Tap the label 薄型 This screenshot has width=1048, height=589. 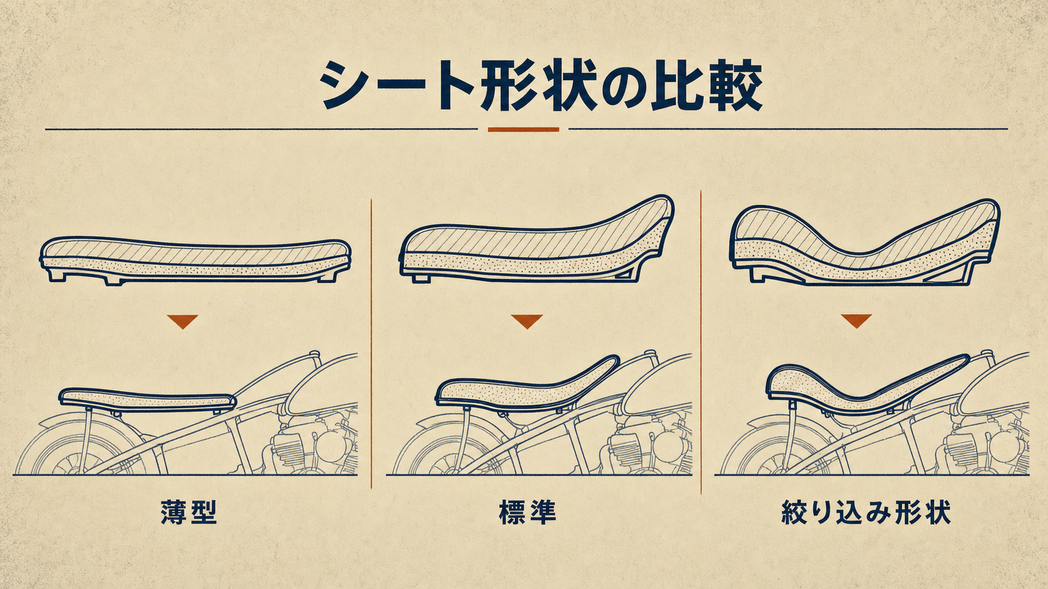tap(188, 513)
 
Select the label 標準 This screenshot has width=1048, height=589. tap(527, 513)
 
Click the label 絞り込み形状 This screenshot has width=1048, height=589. tap(866, 513)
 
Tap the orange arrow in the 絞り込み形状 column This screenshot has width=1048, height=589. tap(856, 320)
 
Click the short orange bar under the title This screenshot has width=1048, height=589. tap(523, 130)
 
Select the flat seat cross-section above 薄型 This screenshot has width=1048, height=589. tap(196, 261)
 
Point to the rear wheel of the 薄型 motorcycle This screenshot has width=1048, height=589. tap(77, 449)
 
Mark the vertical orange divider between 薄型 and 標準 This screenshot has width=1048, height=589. tap(371, 344)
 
